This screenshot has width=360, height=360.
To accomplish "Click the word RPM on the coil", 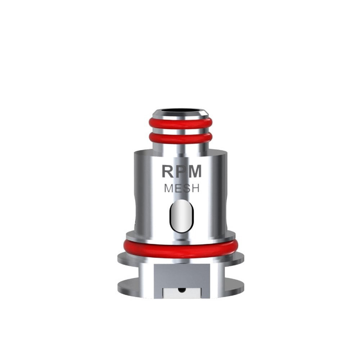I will [181, 172].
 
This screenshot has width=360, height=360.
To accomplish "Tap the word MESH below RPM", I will [181, 188].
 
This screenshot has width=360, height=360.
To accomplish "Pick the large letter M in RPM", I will [195, 172].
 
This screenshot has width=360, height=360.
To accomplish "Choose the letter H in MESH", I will [194, 188].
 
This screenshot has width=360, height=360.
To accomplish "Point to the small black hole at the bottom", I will [181, 290].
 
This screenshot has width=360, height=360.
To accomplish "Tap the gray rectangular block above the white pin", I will [181, 274].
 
